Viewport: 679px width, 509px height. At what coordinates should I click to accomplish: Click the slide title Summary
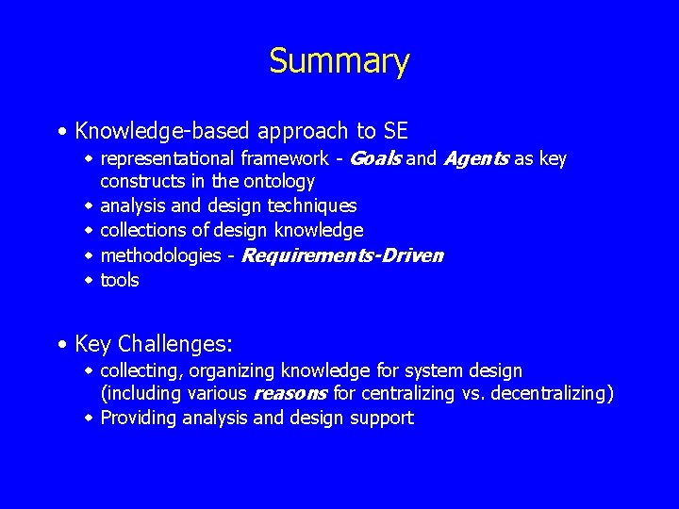pyautogui.click(x=339, y=61)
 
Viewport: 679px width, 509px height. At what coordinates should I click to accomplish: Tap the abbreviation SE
pyautogui.click(x=395, y=131)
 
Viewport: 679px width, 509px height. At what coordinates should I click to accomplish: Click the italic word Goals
pyautogui.click(x=375, y=158)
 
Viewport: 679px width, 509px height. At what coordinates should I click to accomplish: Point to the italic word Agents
pyautogui.click(x=475, y=158)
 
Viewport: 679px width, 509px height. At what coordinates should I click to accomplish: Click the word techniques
pyautogui.click(x=312, y=205)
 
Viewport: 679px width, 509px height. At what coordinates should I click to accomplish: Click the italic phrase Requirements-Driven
pyautogui.click(x=342, y=255)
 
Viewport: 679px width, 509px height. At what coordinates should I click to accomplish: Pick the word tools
pyautogui.click(x=119, y=280)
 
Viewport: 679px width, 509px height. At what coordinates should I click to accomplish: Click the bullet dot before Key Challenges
pyautogui.click(x=61, y=344)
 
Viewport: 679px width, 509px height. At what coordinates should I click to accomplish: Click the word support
pyautogui.click(x=381, y=419)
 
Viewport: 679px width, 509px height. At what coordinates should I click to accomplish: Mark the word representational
pyautogui.click(x=167, y=158)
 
